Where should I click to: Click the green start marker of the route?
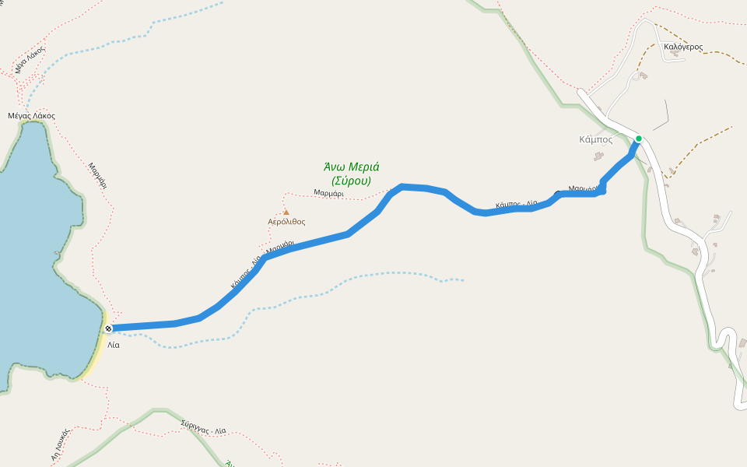click(x=639, y=139)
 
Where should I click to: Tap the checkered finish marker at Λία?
click(x=108, y=328)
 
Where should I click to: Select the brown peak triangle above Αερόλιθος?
click(x=286, y=212)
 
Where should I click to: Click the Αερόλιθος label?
click(x=286, y=222)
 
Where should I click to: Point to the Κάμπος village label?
click(x=596, y=140)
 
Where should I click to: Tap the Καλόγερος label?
click(x=682, y=47)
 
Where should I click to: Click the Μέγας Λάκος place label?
click(x=31, y=116)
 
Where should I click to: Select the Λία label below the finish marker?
click(x=114, y=344)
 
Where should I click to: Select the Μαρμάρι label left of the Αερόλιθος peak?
click(x=328, y=193)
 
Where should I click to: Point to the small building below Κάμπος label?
click(x=598, y=156)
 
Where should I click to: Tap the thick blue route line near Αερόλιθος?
click(x=311, y=243)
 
